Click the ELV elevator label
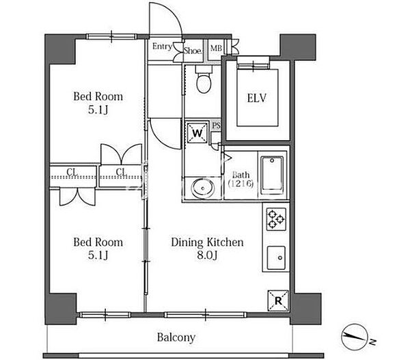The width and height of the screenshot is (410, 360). pyautogui.click(x=256, y=98)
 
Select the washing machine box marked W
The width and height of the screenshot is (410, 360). pyautogui.click(x=197, y=133)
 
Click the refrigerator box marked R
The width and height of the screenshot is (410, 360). pyautogui.click(x=278, y=301)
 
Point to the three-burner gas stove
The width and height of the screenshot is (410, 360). pyautogui.click(x=276, y=219)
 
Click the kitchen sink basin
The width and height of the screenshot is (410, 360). pyautogui.click(x=276, y=258)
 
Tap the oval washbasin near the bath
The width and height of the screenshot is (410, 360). pyautogui.click(x=203, y=188)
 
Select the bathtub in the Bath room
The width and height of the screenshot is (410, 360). pyautogui.click(x=272, y=175)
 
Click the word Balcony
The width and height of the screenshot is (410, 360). pyautogui.click(x=176, y=337)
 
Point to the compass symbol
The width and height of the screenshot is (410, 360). pyautogui.click(x=355, y=337)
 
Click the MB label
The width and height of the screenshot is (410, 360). pyautogui.click(x=216, y=48)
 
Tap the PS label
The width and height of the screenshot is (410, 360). pyautogui.click(x=216, y=126)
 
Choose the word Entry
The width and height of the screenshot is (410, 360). pyautogui.click(x=162, y=46)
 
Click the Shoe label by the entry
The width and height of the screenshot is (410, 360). pyautogui.click(x=193, y=51)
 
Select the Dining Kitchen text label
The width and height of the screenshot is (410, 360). pyautogui.click(x=207, y=243)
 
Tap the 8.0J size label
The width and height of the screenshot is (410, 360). pyautogui.click(x=207, y=255)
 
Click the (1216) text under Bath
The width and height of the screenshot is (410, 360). pyautogui.click(x=241, y=184)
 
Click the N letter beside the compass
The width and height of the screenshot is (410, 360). pyautogui.click(x=373, y=342)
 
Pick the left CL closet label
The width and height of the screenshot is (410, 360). pyautogui.click(x=72, y=172)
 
